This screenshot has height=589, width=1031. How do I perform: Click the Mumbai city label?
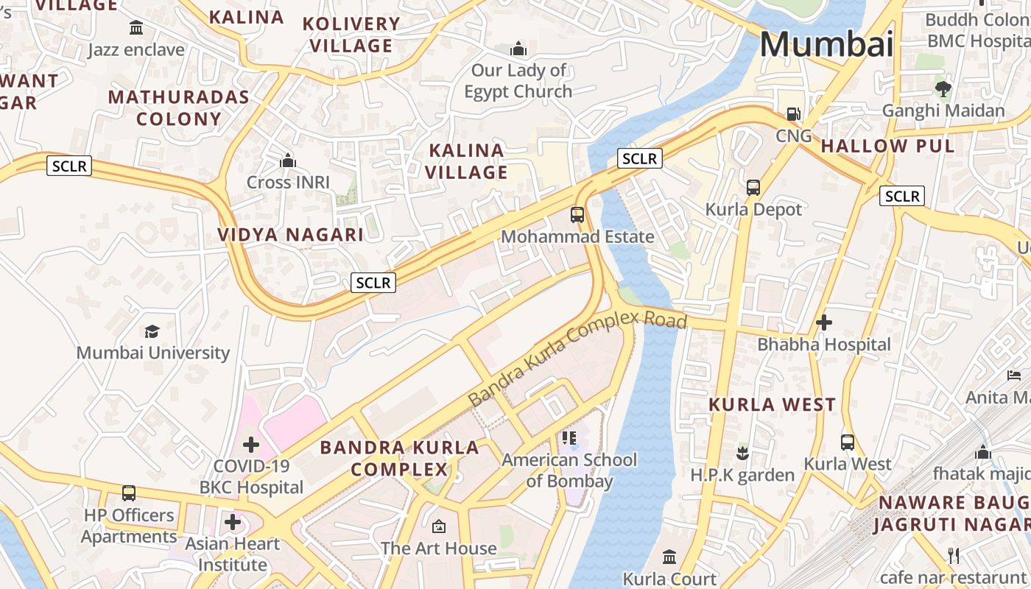826,44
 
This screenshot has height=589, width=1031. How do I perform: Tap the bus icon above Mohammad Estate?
577,215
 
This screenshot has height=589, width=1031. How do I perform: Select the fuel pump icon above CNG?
793,114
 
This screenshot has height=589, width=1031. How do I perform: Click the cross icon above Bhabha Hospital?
824,322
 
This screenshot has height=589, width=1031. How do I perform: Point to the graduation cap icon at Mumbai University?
152,331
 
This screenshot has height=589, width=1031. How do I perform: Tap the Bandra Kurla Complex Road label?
577,358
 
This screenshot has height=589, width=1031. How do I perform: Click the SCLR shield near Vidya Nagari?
374,282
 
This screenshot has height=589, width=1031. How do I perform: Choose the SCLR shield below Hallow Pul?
902,196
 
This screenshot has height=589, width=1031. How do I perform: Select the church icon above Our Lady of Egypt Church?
518,49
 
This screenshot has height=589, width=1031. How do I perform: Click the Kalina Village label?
468,161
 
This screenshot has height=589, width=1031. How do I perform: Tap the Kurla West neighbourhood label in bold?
772,404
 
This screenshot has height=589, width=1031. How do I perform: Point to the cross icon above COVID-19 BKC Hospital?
251,445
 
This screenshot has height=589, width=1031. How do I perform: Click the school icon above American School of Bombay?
569,438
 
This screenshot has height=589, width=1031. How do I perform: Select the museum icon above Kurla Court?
669,557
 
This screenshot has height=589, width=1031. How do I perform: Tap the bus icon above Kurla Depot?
753,188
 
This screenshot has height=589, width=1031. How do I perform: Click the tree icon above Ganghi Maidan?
943,90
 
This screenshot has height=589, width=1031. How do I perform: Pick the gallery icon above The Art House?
439,526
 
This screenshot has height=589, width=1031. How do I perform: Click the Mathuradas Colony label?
179,107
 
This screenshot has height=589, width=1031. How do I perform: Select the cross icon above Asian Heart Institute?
233,523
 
